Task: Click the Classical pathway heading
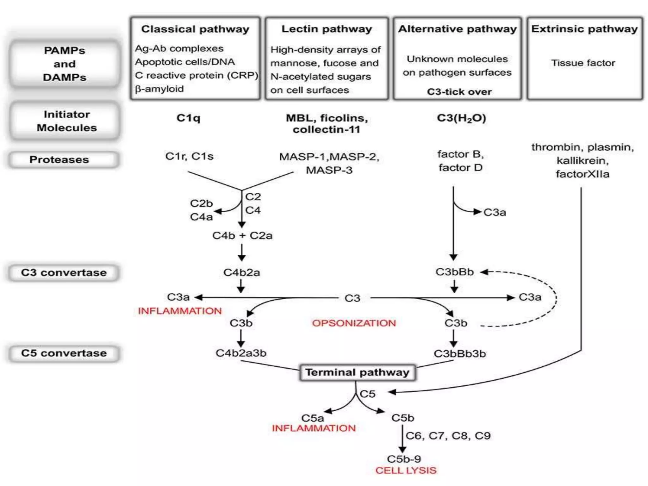(x=195, y=29)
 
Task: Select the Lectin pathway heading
(x=327, y=29)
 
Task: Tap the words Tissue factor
(x=583, y=63)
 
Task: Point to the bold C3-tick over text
(x=459, y=92)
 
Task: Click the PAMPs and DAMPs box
(x=65, y=64)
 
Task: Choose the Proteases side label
(x=59, y=159)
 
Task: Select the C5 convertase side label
(x=64, y=353)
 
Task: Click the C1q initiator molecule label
(x=188, y=118)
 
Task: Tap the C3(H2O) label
(x=461, y=118)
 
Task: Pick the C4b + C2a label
(x=242, y=235)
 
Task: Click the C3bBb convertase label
(x=454, y=272)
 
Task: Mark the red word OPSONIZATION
(x=354, y=323)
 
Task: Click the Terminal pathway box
(x=357, y=372)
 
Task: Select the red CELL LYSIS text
(x=406, y=470)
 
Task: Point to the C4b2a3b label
(x=241, y=353)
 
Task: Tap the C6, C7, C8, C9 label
(x=448, y=436)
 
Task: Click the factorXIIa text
(x=582, y=174)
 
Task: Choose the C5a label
(x=312, y=418)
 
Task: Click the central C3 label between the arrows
(x=352, y=298)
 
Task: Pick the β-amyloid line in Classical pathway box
(x=159, y=89)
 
